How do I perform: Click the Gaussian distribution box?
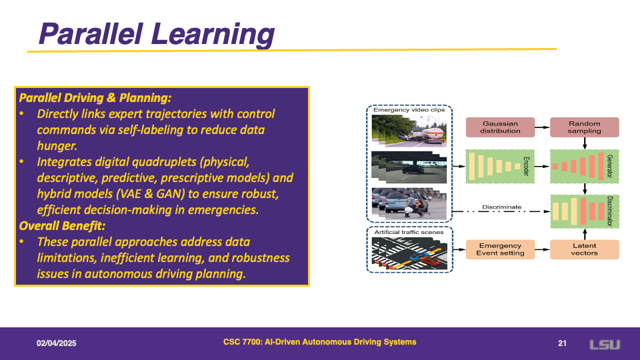point(500,127)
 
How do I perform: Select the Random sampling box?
point(585,127)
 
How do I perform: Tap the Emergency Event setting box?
point(500,249)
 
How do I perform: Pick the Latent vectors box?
point(585,249)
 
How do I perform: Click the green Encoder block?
point(500,167)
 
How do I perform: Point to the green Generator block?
point(585,167)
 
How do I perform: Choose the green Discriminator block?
point(585,211)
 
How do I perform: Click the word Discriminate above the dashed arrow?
point(501,207)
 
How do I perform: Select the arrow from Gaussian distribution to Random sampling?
point(543,127)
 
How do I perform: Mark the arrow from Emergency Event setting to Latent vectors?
point(543,249)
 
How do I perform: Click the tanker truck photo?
point(409,131)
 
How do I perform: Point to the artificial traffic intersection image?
point(409,253)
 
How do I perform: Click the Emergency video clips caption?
point(409,110)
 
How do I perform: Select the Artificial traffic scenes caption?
point(409,232)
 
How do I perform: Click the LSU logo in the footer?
point(605,345)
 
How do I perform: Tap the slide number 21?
point(562,343)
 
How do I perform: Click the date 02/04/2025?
point(56,343)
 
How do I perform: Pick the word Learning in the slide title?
point(213,34)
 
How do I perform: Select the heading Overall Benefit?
point(62,226)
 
